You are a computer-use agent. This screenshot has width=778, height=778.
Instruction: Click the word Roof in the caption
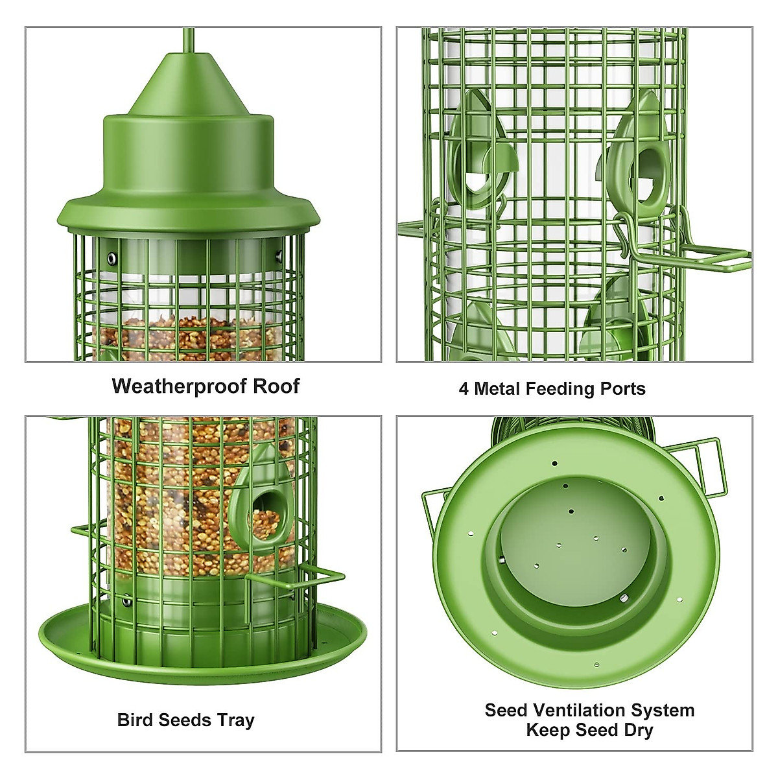coord(276,386)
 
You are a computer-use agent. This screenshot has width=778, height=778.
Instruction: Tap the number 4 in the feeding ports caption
coord(464,389)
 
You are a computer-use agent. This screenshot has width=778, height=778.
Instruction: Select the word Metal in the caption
coord(498,389)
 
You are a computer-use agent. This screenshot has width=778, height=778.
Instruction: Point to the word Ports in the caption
coord(621,389)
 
